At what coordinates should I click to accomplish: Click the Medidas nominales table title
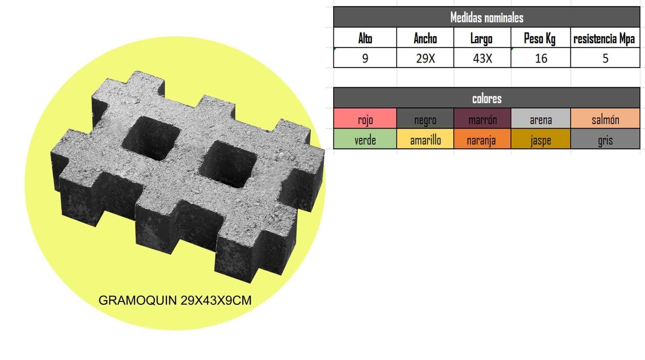coord(486,17)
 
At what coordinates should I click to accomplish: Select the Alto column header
coord(365,38)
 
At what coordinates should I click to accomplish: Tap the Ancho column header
coord(425,38)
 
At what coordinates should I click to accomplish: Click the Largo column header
coord(481,39)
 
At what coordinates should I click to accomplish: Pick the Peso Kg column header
coord(540,39)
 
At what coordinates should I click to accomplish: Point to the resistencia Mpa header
coord(604,39)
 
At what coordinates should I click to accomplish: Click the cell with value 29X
coord(425,58)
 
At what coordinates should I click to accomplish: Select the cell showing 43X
coord(482,58)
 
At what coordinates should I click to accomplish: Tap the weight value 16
coord(541,58)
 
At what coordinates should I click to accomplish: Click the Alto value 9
coord(365,58)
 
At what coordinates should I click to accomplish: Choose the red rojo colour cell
coord(365,119)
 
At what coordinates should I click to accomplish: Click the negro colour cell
coord(425,119)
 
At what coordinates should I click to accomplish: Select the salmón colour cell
coord(605,119)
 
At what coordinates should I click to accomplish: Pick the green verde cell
coord(365,139)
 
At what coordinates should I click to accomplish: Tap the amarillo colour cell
coord(425,139)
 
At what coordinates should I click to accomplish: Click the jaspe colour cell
coord(541,139)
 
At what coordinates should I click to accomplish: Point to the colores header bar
coord(486,98)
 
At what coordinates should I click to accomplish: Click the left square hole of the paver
coord(151,138)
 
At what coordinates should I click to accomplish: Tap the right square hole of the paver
coord(228,164)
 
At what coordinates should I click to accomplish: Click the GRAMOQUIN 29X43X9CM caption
coord(175,300)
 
